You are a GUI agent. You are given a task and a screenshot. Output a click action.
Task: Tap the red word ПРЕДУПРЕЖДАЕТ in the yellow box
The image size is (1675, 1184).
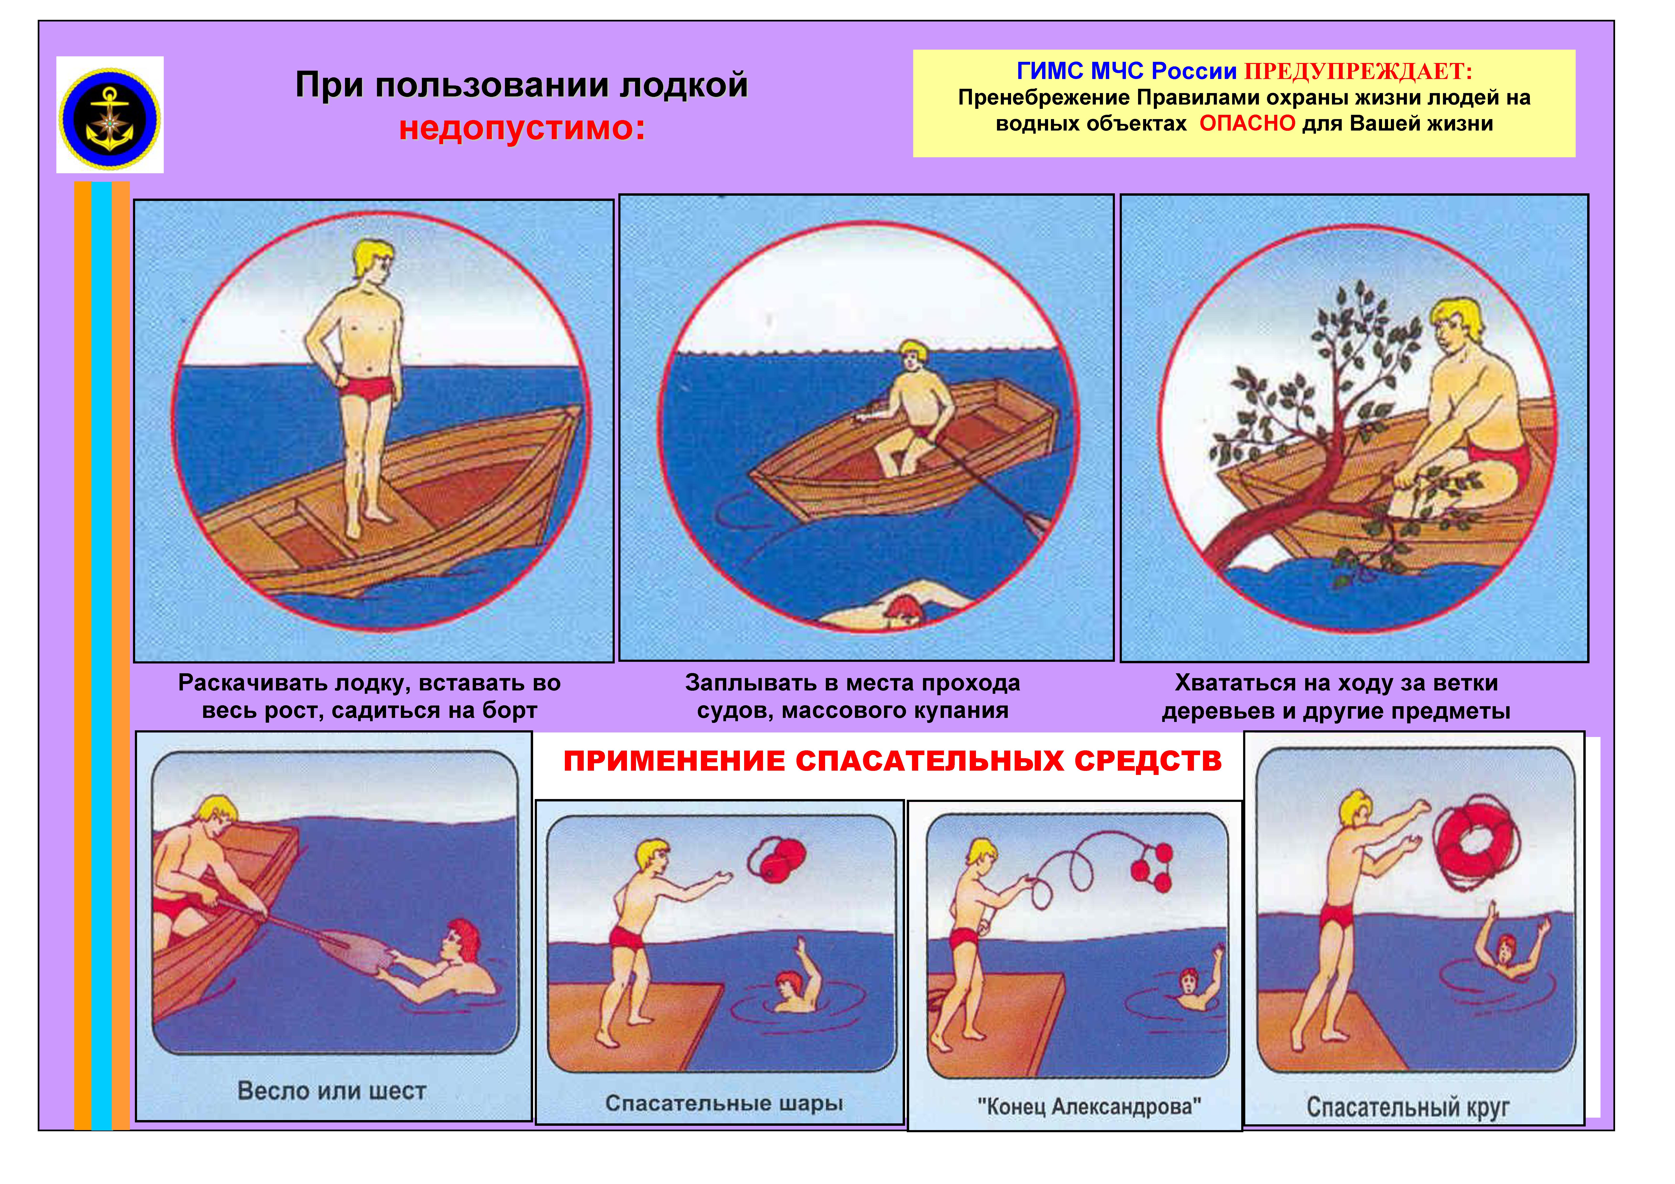(x=1358, y=72)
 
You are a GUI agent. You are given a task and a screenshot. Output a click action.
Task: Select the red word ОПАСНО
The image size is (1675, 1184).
(x=1247, y=123)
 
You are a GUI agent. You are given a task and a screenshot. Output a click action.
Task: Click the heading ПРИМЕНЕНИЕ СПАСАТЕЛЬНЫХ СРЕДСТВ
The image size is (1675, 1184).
(x=892, y=761)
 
